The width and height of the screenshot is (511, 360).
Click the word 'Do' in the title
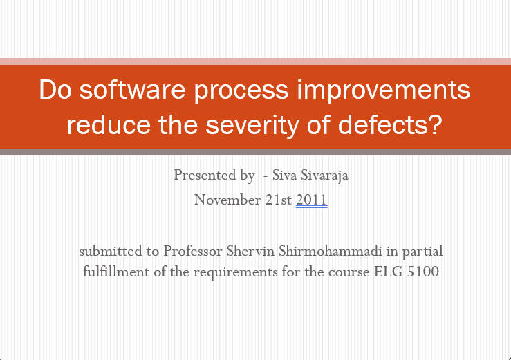[55, 90]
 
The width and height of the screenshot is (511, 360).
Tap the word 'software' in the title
[132, 90]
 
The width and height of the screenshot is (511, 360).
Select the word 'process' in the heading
[241, 92]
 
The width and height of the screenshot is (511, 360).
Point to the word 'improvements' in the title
[384, 91]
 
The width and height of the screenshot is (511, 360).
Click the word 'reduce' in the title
[109, 125]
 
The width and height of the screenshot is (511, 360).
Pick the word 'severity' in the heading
[252, 126]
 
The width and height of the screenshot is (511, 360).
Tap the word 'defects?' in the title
[390, 124]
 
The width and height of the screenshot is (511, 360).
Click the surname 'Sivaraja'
[324, 176]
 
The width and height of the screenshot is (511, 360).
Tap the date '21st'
[278, 200]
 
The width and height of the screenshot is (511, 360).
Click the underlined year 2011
[311, 200]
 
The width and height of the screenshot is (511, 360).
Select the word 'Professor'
[193, 251]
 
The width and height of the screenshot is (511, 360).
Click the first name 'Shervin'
[250, 251]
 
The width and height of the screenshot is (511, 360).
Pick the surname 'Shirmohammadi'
[330, 251]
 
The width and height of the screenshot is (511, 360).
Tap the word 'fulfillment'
[116, 272]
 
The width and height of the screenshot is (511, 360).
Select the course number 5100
[423, 272]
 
